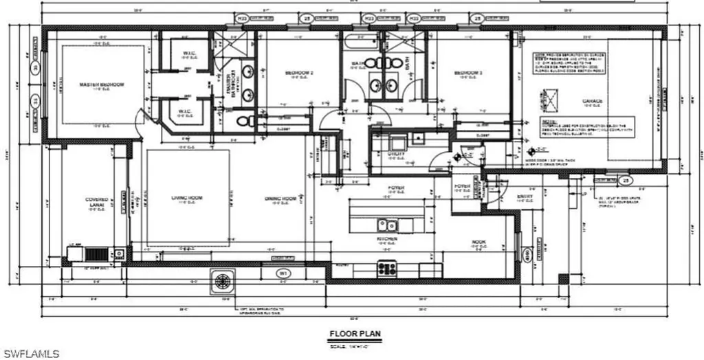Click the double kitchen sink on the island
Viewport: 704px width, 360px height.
click(386, 225)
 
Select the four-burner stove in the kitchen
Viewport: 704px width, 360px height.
click(387, 269)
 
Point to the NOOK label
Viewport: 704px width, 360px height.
click(479, 242)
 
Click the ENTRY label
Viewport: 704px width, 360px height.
click(525, 196)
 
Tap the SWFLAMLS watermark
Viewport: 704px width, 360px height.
click(31, 353)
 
